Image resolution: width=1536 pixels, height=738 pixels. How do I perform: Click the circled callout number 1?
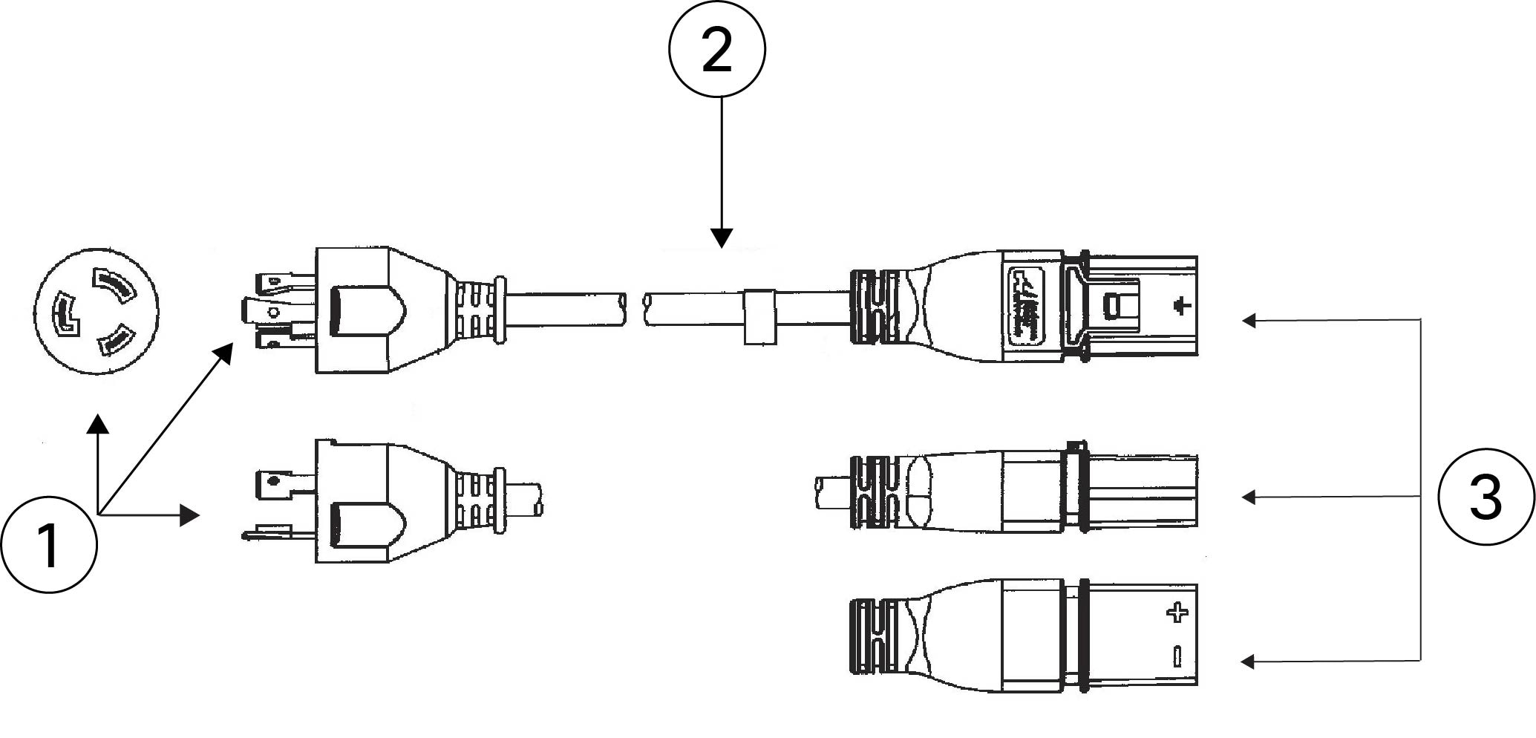tap(49, 544)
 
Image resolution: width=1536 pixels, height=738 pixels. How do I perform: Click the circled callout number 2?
tap(717, 49)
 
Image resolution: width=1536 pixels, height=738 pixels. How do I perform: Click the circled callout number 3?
tap(1486, 496)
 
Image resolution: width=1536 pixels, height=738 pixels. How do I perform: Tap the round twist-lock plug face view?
tap(97, 311)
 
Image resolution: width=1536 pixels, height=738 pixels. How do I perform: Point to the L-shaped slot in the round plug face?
tap(65, 316)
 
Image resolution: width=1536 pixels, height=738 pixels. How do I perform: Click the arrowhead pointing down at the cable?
tap(722, 238)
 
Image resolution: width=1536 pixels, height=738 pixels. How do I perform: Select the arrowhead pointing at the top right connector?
tap(1250, 321)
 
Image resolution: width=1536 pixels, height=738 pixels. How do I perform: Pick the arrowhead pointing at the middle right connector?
tap(1250, 497)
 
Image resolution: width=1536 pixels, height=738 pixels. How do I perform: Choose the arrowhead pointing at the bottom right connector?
tap(1250, 662)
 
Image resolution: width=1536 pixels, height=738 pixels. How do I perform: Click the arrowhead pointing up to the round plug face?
tap(98, 423)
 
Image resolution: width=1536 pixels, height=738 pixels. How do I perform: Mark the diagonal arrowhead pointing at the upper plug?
tap(223, 354)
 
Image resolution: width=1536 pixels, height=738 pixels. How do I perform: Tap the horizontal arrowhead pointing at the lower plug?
tap(191, 515)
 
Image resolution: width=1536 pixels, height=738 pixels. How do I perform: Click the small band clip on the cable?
tap(759, 316)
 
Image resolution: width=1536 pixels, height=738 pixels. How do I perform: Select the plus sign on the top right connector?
tap(1181, 305)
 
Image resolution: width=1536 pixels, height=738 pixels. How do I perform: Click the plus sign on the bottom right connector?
tap(1177, 613)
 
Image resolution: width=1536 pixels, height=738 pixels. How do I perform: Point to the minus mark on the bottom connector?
tap(1177, 656)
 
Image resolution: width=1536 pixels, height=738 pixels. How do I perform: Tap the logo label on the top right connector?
tap(1026, 307)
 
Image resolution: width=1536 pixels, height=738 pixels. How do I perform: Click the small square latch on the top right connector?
tap(1111, 305)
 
